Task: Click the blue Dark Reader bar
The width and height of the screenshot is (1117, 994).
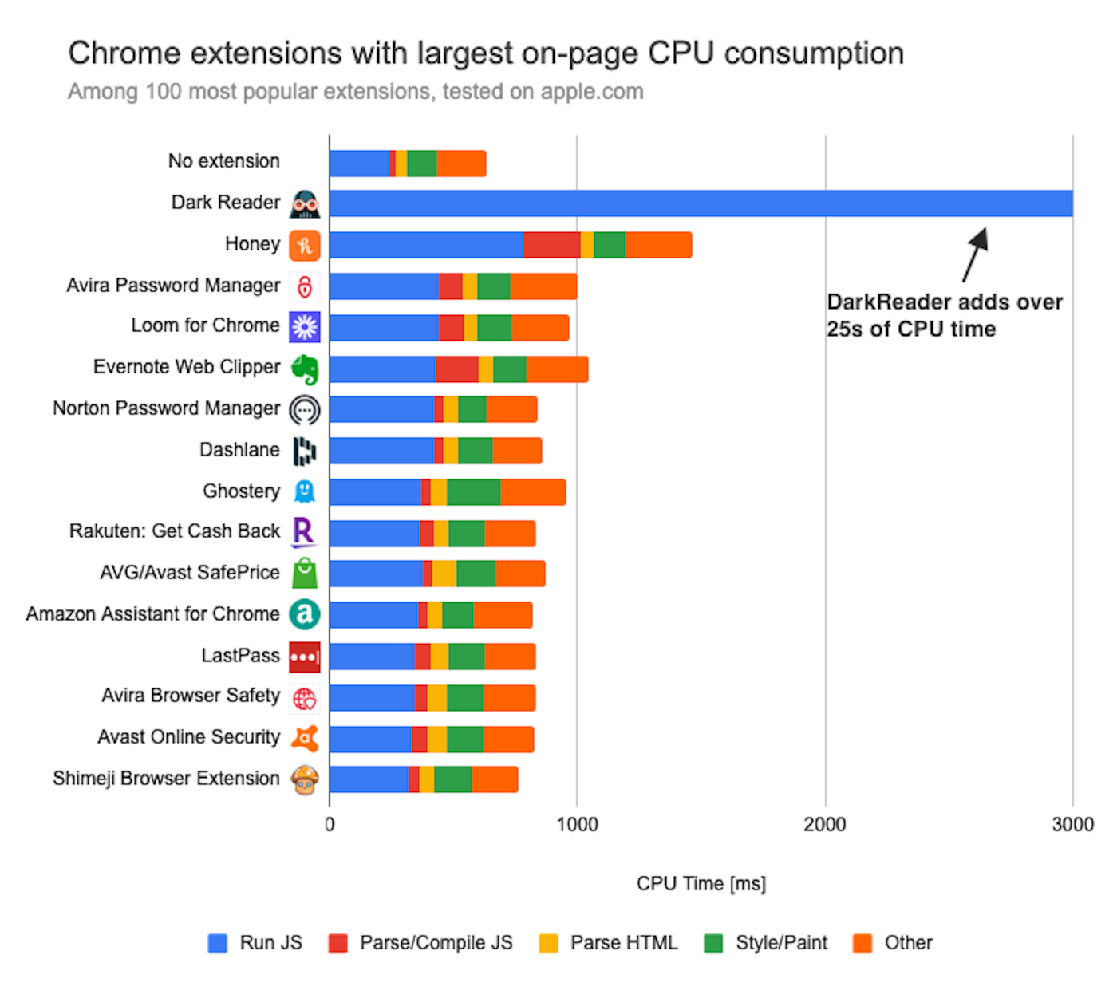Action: tap(701, 203)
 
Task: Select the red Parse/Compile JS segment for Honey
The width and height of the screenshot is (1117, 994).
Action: tap(551, 245)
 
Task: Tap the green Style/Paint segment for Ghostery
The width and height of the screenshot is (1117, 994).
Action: tap(473, 492)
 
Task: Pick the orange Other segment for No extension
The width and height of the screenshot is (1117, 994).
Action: tap(461, 163)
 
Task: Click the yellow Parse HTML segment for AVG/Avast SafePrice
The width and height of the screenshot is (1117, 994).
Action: tap(444, 574)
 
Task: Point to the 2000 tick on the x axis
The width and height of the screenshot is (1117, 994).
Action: tap(824, 825)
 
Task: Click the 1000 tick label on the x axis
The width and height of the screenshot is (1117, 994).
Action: tap(577, 825)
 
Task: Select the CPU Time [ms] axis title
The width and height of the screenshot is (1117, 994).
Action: tap(701, 884)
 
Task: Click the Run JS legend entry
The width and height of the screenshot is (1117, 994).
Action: tap(255, 943)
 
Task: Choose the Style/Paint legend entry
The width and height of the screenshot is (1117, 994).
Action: tap(766, 943)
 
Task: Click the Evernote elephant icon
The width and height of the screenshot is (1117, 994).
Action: tap(305, 369)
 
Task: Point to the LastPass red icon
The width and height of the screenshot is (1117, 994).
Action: tap(305, 657)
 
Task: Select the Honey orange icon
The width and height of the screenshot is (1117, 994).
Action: tap(305, 245)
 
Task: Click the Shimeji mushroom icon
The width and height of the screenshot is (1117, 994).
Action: tap(305, 779)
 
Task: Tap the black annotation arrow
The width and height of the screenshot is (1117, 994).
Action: tap(975, 254)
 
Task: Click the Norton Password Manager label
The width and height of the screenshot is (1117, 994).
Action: tap(166, 408)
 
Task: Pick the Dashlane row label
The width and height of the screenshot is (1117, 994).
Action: tap(239, 450)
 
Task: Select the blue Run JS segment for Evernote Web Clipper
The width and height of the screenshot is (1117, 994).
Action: tap(382, 369)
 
